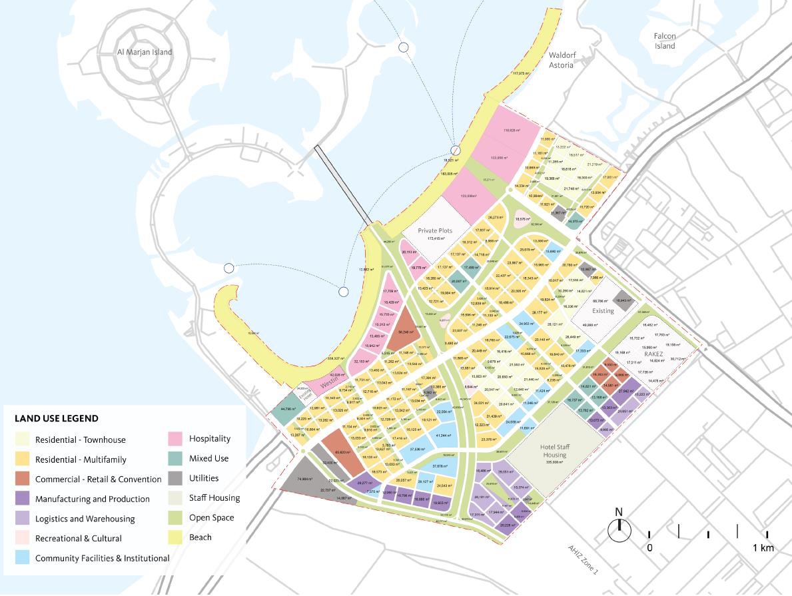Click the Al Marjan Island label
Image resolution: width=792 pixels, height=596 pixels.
click(145, 52)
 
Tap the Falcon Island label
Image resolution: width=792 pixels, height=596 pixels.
click(664, 41)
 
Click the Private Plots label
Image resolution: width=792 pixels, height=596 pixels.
click(435, 230)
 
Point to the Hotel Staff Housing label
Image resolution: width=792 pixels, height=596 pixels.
click(554, 451)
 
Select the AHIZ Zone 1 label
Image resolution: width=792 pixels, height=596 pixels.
click(583, 560)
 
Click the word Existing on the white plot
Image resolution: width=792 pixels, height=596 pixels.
click(603, 311)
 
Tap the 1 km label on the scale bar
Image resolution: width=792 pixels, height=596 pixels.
click(763, 547)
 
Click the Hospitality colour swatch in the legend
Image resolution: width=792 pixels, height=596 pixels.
click(175, 439)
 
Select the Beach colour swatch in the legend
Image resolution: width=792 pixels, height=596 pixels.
click(175, 537)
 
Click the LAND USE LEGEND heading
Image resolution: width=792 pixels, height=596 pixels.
click(57, 419)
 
